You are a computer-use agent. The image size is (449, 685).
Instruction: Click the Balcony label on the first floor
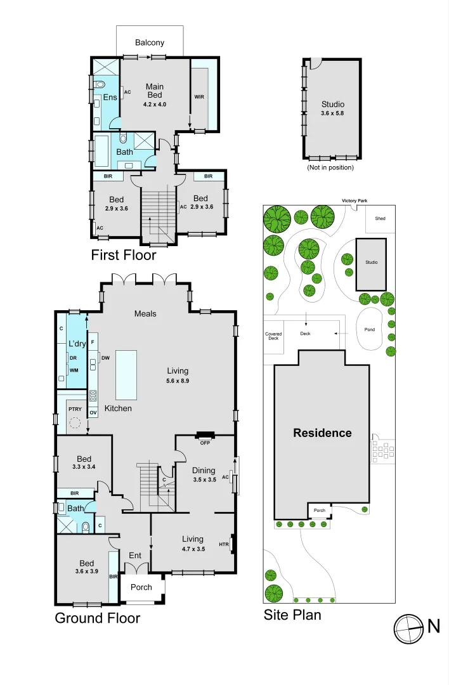(150, 43)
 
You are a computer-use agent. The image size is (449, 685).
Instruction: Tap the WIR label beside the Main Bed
(199, 97)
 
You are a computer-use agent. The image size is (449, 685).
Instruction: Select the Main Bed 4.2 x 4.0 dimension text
(155, 105)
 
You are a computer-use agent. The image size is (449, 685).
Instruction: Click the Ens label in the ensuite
(110, 98)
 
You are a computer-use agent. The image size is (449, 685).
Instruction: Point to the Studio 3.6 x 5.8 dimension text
(332, 113)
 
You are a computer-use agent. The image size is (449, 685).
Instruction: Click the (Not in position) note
(330, 167)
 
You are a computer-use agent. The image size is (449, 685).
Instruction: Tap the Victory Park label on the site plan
(355, 201)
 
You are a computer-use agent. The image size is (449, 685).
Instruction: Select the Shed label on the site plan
(380, 218)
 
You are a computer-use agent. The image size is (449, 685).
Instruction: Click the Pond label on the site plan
(370, 329)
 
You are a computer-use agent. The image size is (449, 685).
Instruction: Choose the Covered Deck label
(273, 336)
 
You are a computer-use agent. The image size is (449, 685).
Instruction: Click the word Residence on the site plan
(322, 433)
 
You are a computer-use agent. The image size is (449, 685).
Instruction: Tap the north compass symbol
(409, 629)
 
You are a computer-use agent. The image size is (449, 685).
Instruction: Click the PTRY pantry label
(75, 409)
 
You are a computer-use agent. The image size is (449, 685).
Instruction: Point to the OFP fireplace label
(205, 443)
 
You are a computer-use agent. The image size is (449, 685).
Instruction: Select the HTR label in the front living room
(224, 544)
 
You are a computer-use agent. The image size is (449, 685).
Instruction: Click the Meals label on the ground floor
(145, 314)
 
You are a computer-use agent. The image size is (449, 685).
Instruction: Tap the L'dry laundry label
(77, 343)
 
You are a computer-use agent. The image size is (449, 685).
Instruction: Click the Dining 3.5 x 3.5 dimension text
(204, 480)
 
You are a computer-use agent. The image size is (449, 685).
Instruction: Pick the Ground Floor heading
(98, 618)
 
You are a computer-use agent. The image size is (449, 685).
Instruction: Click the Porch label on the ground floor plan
(141, 587)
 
